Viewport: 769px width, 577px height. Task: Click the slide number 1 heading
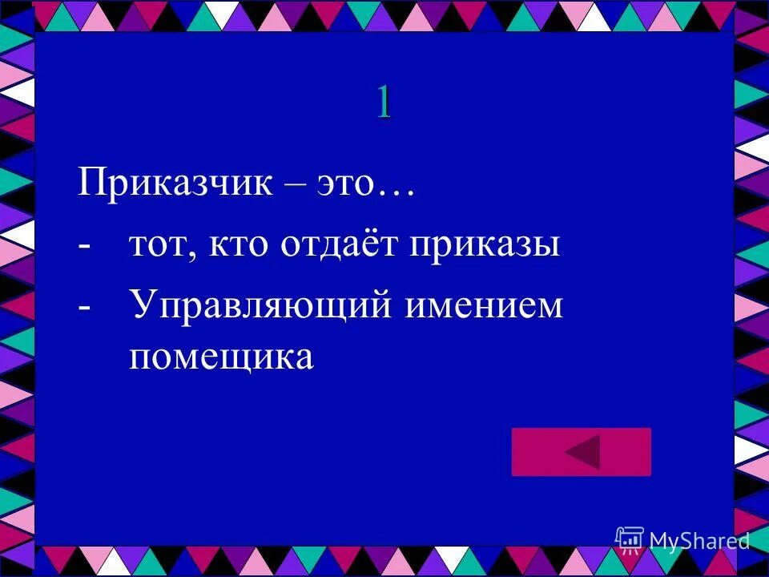pyautogui.click(x=384, y=103)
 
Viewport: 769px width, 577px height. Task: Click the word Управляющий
pyautogui.click(x=260, y=305)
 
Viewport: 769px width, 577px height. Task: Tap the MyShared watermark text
pyautogui.click(x=699, y=541)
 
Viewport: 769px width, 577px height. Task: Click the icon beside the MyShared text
pyautogui.click(x=630, y=539)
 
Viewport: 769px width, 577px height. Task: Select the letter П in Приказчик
pyautogui.click(x=89, y=183)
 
